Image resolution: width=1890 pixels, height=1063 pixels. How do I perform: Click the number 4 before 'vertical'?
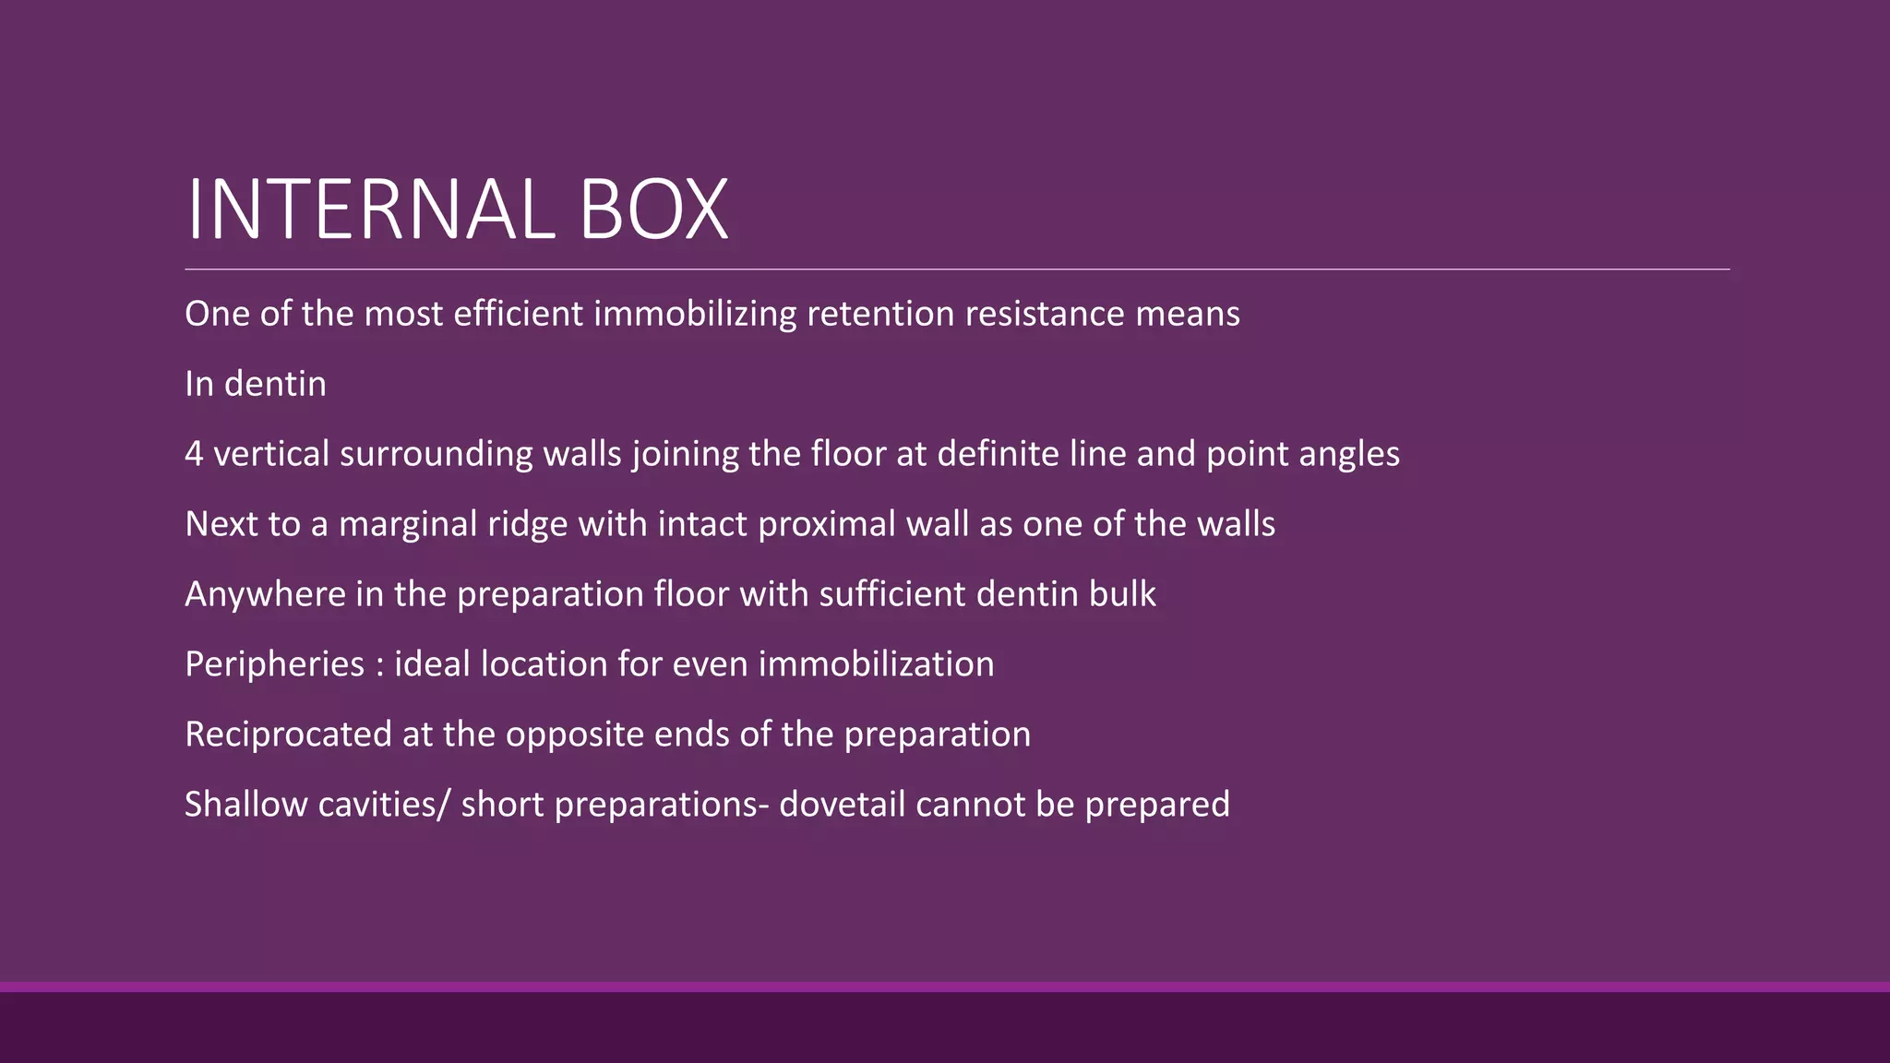pos(194,454)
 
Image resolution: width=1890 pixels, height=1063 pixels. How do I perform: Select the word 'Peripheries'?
pos(274,664)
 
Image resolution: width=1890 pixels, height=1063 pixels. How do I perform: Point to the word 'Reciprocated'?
pos(288,735)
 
